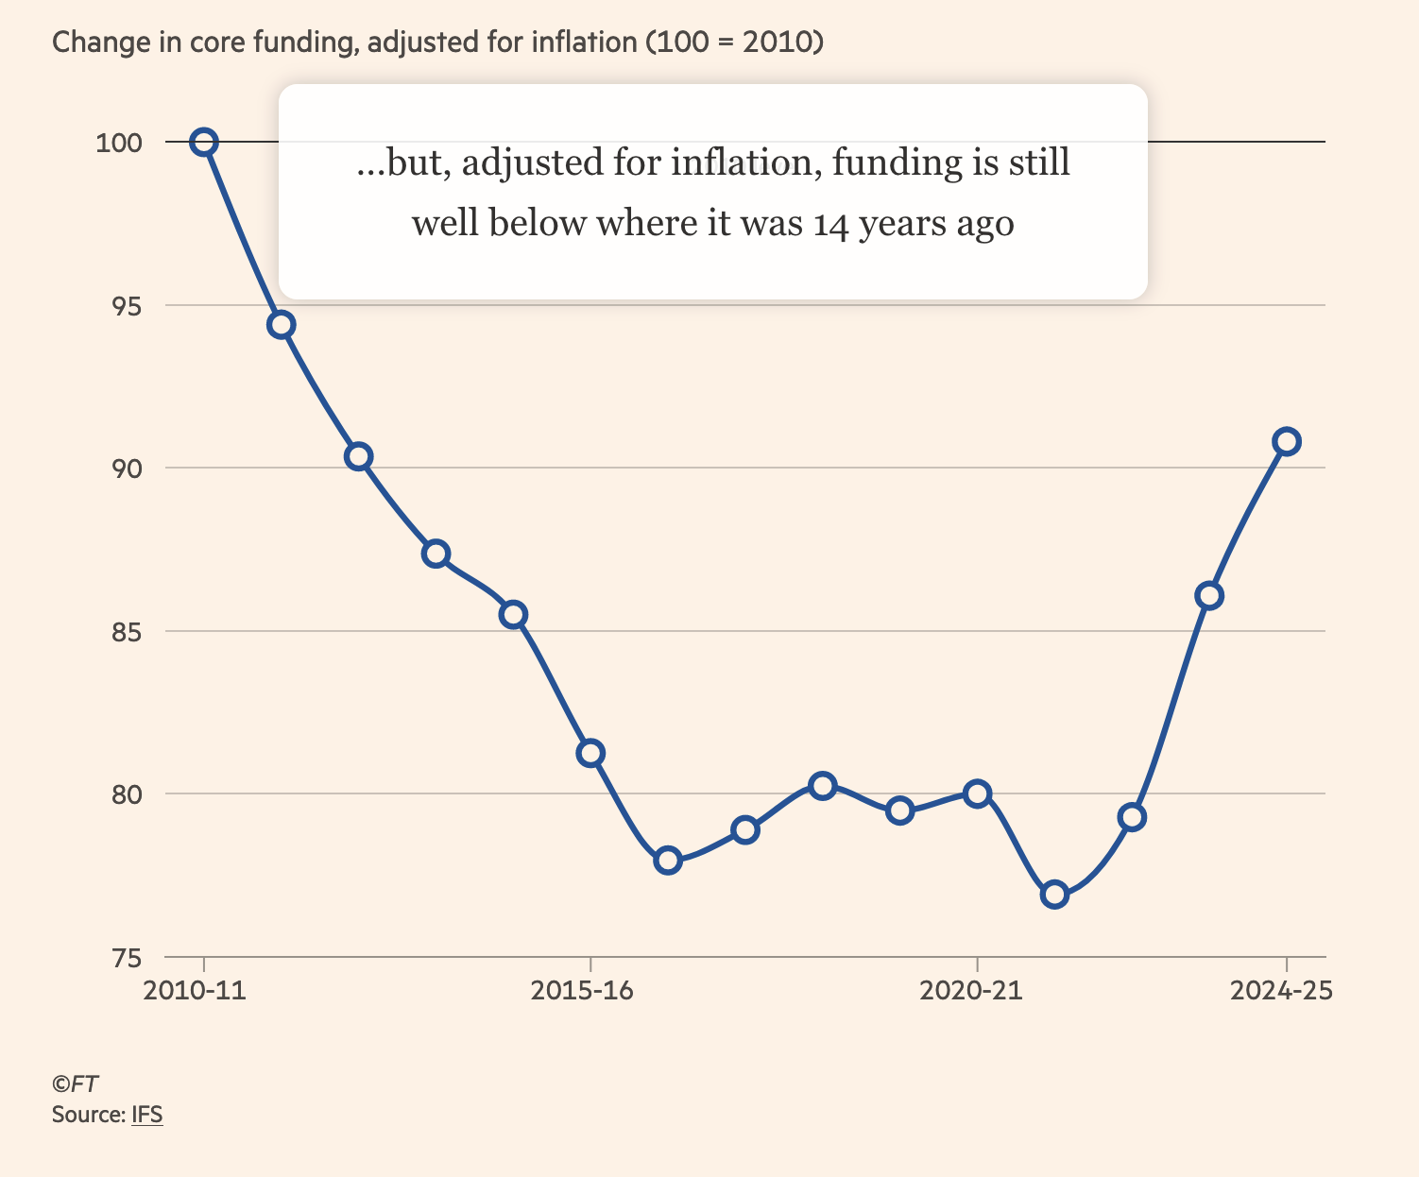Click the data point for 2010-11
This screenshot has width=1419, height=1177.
204,143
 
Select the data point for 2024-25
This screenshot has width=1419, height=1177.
1286,441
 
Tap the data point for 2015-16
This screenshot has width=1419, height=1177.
590,753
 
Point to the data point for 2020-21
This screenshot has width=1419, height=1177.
977,793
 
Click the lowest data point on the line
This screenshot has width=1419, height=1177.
1054,895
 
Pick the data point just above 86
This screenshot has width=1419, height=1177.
1208,595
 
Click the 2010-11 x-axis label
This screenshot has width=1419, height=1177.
195,990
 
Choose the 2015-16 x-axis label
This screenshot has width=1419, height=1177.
582,990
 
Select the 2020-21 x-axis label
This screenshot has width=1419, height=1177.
970,990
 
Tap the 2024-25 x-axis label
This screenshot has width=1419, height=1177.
1280,990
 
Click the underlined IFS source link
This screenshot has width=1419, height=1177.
146,1115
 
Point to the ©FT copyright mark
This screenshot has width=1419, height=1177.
75,1083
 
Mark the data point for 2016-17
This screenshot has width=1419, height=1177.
668,861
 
